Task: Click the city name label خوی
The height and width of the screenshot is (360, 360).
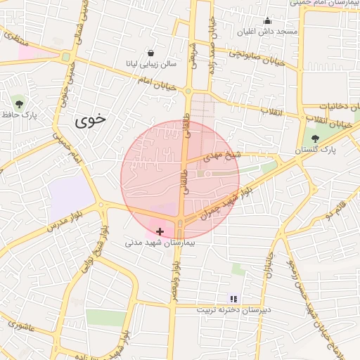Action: [91, 120]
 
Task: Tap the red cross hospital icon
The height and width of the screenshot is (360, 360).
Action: [160, 231]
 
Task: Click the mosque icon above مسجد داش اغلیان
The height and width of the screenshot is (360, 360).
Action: [267, 22]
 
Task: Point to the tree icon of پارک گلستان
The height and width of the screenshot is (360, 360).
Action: [314, 139]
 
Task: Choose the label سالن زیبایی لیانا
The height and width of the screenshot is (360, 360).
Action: [151, 64]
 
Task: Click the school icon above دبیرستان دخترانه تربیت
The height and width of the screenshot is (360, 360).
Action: [233, 299]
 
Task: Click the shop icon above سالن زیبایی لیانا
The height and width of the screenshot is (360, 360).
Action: [151, 53]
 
